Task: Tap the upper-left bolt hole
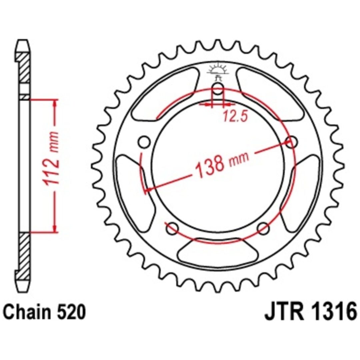(x=144, y=142)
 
